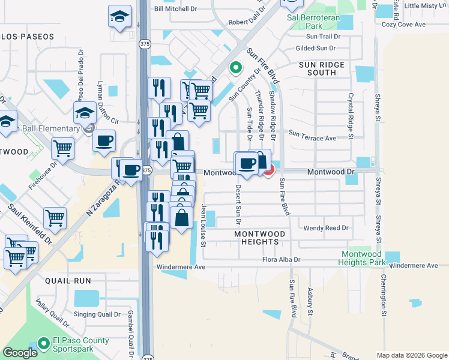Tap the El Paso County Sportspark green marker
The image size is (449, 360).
coord(43,344)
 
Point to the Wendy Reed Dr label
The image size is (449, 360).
coord(326,228)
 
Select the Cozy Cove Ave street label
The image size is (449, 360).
coord(403,25)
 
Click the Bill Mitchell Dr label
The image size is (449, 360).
coord(176,8)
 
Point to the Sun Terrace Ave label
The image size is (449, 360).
coord(312,138)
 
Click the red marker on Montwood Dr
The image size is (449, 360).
coord(267,170)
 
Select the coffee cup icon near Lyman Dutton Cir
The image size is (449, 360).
coord(104,140)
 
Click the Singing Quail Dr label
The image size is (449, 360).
coord(97,314)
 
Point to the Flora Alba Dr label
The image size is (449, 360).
coord(281,260)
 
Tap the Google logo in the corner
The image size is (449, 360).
coord(20,353)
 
